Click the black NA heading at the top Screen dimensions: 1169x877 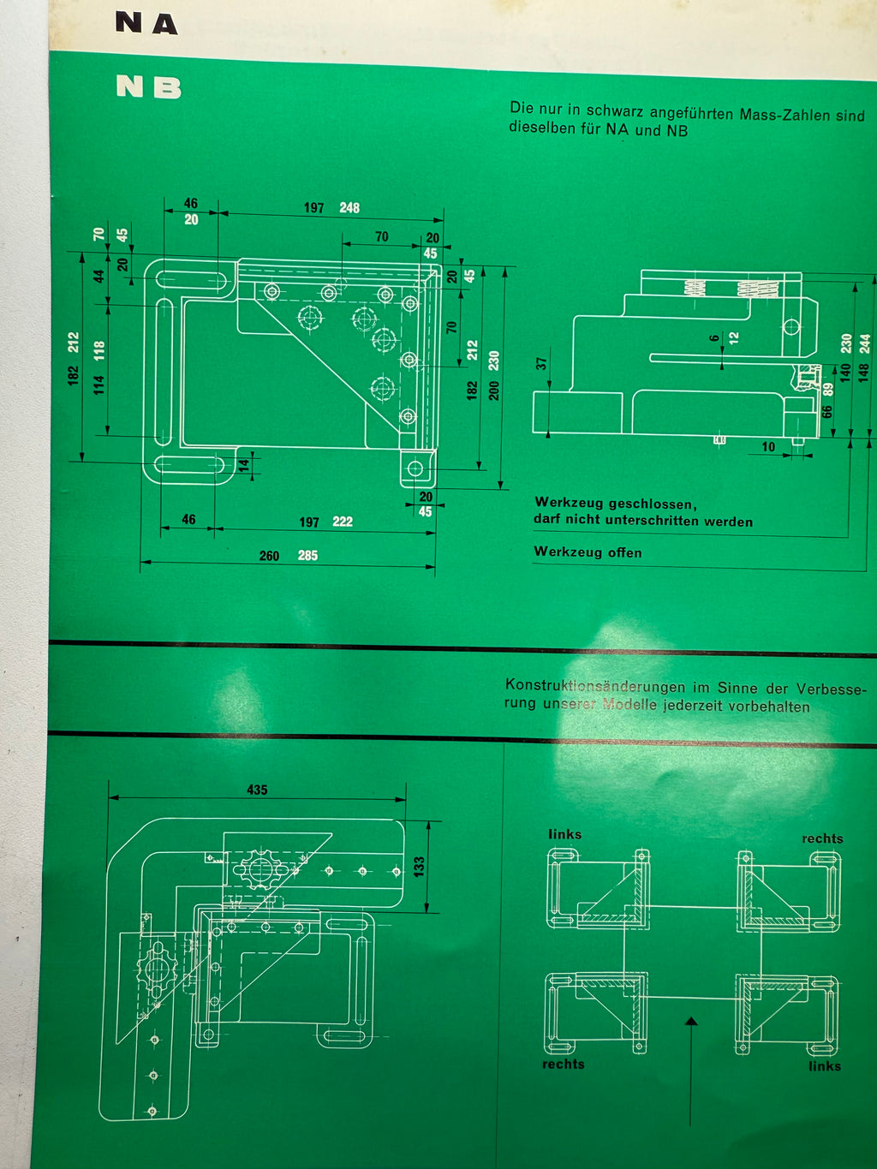146,23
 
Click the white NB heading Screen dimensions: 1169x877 149,86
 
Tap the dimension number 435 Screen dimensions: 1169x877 257,790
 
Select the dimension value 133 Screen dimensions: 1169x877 419,866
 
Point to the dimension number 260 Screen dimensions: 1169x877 269,556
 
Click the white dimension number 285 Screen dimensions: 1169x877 307,556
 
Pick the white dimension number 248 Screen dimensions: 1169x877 349,208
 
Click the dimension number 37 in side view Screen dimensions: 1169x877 541,363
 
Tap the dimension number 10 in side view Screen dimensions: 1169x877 768,447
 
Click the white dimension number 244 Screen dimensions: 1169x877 865,343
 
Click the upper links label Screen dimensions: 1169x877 564,834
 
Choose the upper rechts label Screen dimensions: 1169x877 822,838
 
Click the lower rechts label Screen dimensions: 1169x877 563,1064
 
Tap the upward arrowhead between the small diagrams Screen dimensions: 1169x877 691,1021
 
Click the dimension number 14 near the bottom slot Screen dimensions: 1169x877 244,465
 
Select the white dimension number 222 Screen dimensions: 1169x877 343,522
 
